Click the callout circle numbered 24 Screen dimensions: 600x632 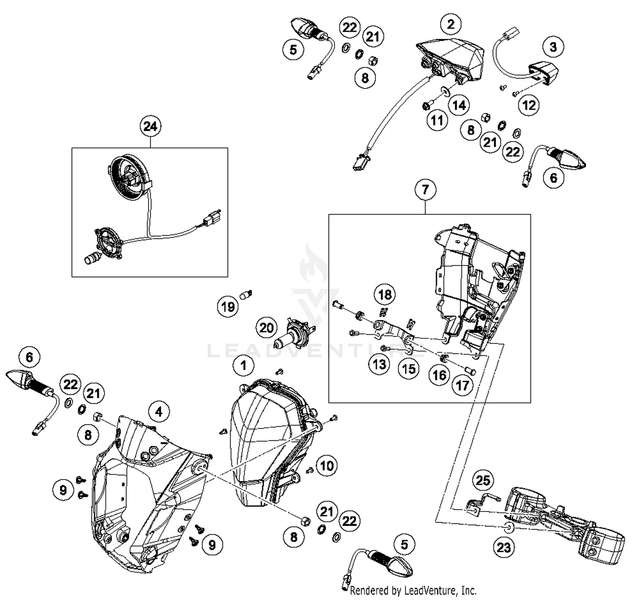150,126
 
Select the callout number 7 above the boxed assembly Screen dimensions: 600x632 425,190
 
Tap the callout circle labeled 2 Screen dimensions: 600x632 451,24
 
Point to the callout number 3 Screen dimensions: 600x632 553,47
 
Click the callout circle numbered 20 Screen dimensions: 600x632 266,327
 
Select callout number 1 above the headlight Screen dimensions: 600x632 243,365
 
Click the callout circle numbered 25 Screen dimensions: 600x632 483,480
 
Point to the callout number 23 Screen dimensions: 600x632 503,547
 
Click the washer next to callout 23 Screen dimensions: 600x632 509,527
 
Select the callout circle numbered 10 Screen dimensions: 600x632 327,466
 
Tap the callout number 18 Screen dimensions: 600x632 385,295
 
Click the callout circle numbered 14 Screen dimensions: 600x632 459,105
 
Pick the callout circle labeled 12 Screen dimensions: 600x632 529,105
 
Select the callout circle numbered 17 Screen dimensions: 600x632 462,385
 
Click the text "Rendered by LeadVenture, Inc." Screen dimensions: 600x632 413,590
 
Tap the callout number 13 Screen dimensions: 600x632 379,364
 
